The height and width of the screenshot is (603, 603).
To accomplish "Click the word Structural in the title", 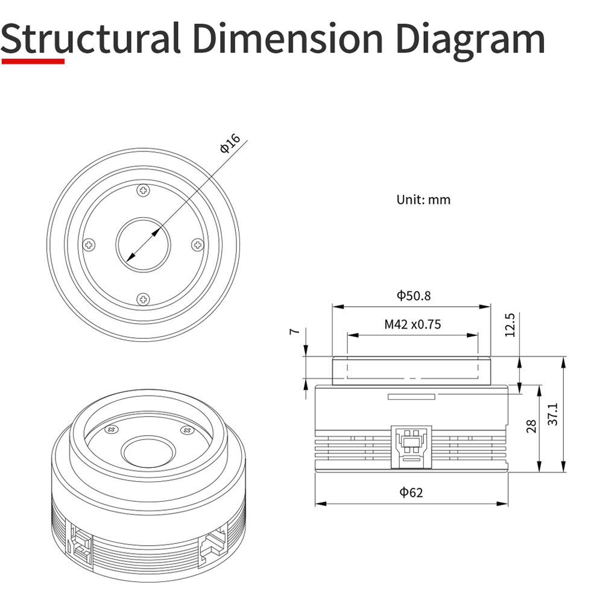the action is pyautogui.click(x=91, y=39).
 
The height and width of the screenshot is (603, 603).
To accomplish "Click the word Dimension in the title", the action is pyautogui.click(x=288, y=39).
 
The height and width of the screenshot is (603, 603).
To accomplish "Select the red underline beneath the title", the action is pyautogui.click(x=33, y=61).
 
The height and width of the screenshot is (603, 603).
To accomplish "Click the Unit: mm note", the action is pyautogui.click(x=423, y=200).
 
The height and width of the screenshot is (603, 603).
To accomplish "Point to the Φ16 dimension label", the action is pyautogui.click(x=230, y=143).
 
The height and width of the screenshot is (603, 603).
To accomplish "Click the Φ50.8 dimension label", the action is pyautogui.click(x=414, y=295).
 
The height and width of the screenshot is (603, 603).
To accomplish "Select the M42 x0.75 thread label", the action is pyautogui.click(x=412, y=324).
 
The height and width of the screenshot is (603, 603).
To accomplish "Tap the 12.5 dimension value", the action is pyautogui.click(x=510, y=325).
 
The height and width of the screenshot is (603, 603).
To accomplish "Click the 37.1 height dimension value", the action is pyautogui.click(x=552, y=414).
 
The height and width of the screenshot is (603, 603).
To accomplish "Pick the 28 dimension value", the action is pyautogui.click(x=531, y=426).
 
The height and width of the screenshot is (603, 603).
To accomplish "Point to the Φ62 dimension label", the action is pyautogui.click(x=411, y=492).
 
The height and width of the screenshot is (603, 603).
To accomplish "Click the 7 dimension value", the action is pyautogui.click(x=294, y=331).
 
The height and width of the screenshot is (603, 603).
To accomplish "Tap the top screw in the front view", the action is pyautogui.click(x=144, y=190).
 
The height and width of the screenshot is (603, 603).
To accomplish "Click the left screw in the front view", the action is pyautogui.click(x=89, y=245).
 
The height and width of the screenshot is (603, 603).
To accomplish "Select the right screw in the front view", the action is pyautogui.click(x=198, y=245).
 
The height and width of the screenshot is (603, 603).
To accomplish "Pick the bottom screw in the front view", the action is pyautogui.click(x=144, y=299).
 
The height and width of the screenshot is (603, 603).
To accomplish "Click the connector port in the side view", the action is pyautogui.click(x=411, y=447).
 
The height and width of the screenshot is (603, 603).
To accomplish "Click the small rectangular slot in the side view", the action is pyautogui.click(x=411, y=397).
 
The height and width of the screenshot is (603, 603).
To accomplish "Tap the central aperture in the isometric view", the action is pyautogui.click(x=148, y=452).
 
